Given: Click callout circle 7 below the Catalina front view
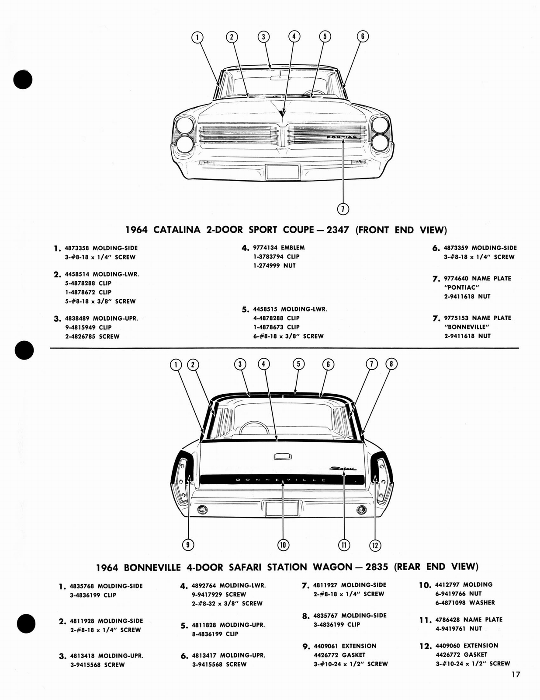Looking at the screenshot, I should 343,209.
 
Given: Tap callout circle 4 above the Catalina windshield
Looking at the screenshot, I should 294,36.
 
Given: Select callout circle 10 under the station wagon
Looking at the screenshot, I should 283,545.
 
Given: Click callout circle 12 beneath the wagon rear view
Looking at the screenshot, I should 375,545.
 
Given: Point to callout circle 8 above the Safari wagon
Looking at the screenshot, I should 391,364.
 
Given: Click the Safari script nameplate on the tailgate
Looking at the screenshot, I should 343,469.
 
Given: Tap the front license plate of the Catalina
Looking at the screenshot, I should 283,171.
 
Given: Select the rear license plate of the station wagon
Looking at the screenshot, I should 282,509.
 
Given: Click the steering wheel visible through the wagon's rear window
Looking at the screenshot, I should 251,427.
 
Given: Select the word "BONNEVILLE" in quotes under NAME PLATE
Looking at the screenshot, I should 466,327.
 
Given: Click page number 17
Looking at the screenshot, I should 516,674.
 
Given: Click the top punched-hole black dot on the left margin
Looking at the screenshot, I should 23,79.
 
